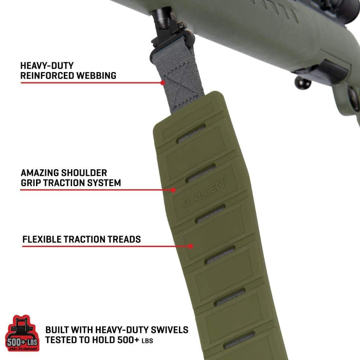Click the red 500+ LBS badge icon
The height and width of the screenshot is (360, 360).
pyautogui.click(x=22, y=333)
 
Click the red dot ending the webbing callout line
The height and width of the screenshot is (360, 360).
pyautogui.click(x=163, y=82)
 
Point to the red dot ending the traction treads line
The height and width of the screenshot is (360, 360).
pyautogui.click(x=190, y=246)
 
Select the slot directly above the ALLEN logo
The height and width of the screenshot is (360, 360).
pyautogui.click(x=201, y=174)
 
